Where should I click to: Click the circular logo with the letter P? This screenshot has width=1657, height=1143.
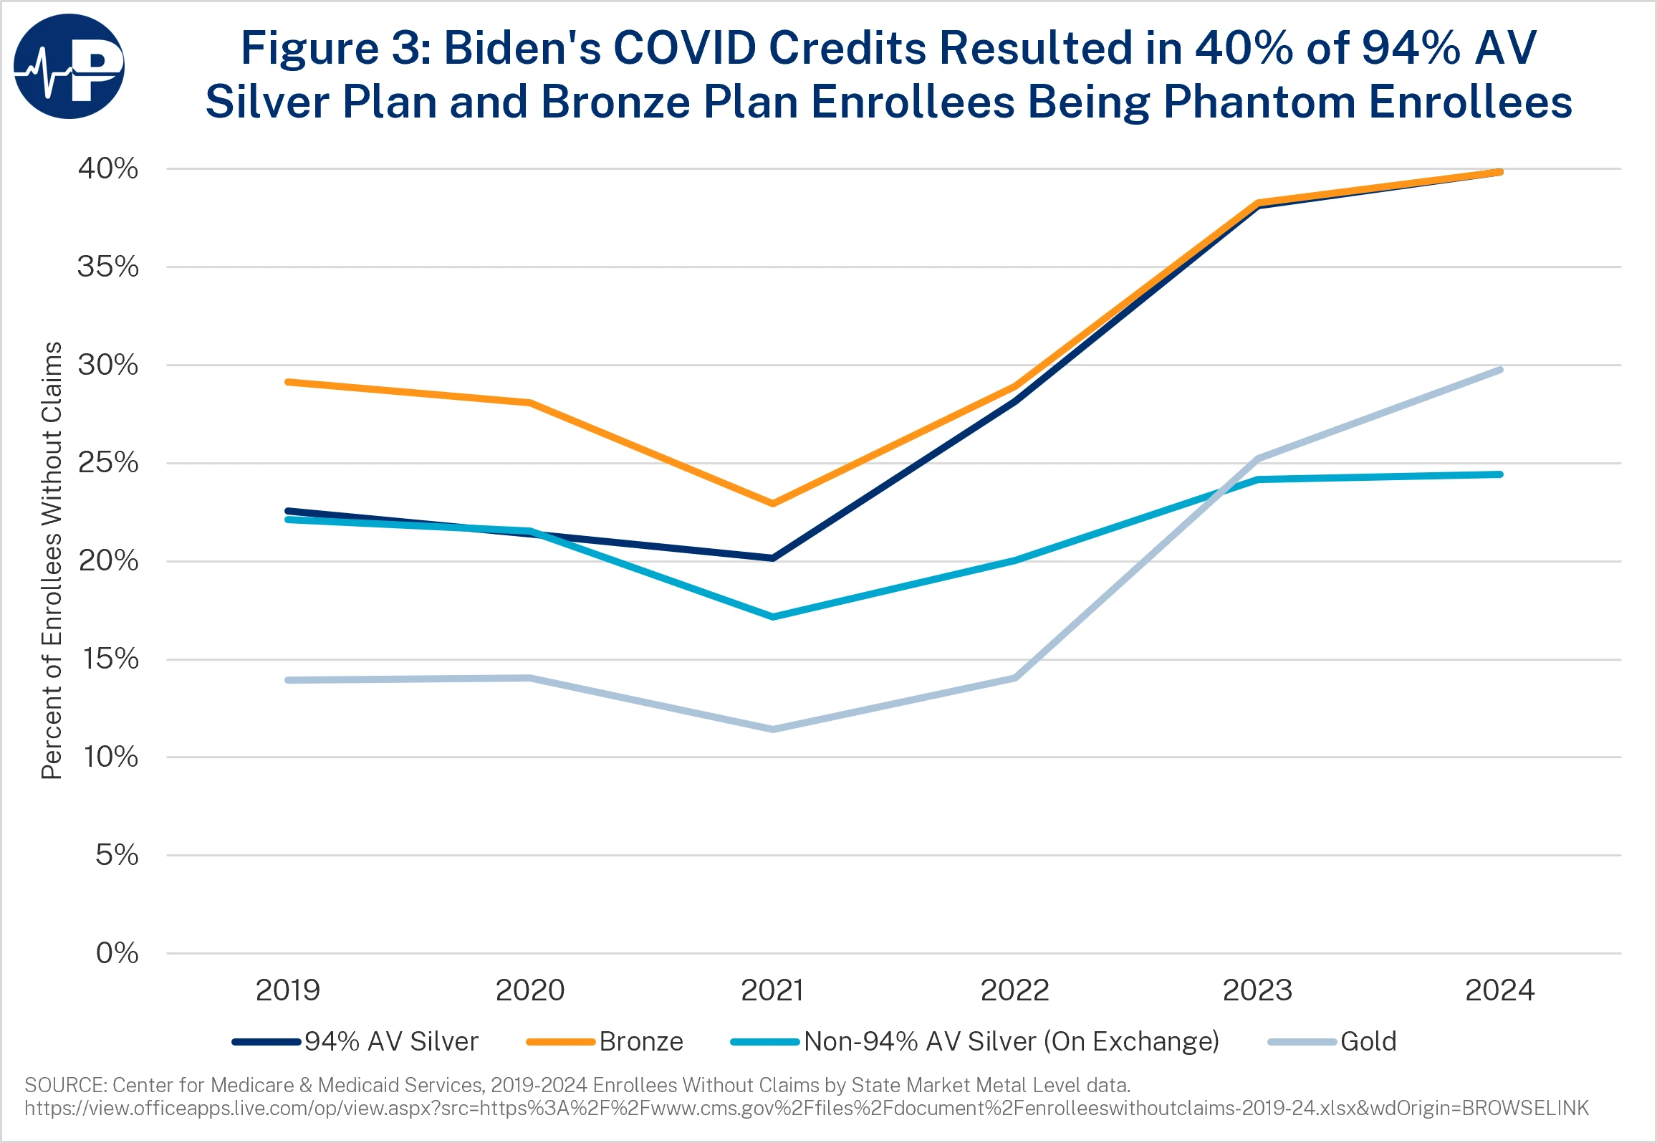click(x=69, y=67)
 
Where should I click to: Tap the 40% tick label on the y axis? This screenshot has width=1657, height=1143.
click(x=108, y=169)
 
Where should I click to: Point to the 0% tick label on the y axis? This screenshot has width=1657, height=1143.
click(x=117, y=953)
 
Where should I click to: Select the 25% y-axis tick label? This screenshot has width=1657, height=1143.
click(x=108, y=463)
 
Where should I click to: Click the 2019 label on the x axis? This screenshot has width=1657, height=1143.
click(x=288, y=990)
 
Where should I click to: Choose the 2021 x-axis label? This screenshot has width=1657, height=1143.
click(x=772, y=990)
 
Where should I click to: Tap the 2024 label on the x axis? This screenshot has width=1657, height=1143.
click(x=1500, y=990)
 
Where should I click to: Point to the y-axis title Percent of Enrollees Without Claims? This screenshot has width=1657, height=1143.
click(x=52, y=560)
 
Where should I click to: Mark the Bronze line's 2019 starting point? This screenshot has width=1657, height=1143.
click(x=288, y=382)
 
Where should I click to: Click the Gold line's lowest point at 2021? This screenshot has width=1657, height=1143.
click(x=772, y=730)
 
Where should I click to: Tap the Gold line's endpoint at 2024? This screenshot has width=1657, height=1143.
click(x=1500, y=370)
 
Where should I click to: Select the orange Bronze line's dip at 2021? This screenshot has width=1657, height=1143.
click(x=772, y=504)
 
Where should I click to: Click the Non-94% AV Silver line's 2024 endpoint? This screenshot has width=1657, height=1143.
click(x=1500, y=474)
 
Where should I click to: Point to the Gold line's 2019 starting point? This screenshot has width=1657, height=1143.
click(x=288, y=680)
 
